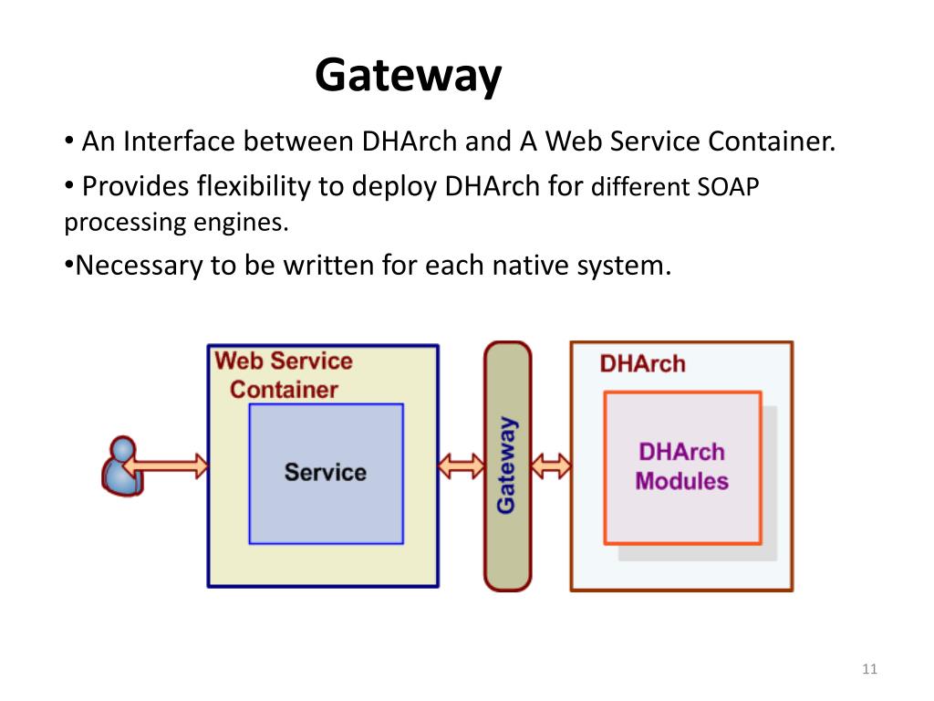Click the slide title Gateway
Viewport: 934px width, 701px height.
(x=408, y=76)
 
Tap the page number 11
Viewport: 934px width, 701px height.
(x=869, y=669)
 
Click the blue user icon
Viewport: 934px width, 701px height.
(x=123, y=466)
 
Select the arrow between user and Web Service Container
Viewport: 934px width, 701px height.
(x=166, y=466)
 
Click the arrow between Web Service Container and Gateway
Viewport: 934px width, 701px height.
(x=461, y=466)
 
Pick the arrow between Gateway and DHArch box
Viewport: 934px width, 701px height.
(x=550, y=466)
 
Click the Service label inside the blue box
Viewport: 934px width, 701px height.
(x=326, y=472)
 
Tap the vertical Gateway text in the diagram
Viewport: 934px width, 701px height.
(x=506, y=465)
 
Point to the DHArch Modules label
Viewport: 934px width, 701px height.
(x=682, y=466)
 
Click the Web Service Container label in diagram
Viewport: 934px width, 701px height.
(x=284, y=375)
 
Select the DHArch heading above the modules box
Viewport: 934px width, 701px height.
(x=643, y=363)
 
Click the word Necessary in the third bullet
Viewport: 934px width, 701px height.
(x=139, y=266)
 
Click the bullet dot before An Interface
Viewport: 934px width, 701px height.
(x=69, y=141)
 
